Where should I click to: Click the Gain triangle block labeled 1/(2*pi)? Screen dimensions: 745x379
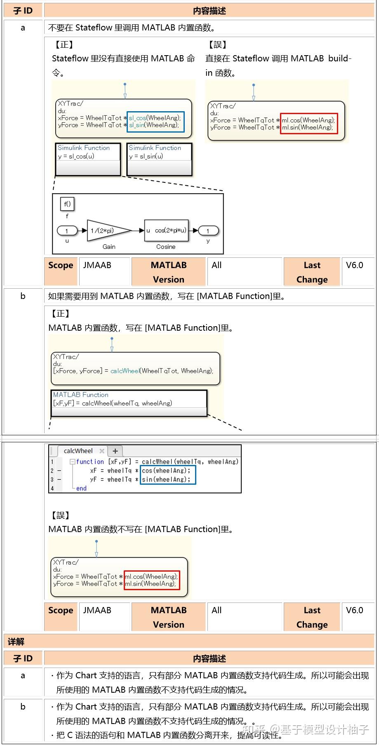point(106,231)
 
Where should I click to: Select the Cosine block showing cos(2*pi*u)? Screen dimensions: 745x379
point(166,231)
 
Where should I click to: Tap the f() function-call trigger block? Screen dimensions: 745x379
point(67,203)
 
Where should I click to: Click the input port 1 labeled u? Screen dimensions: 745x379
point(67,231)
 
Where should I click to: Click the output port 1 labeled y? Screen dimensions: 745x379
point(208,231)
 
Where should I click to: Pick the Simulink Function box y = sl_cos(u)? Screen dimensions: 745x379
point(88,159)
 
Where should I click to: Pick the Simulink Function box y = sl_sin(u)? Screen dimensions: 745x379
point(159,159)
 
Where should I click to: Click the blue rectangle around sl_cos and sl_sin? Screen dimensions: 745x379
point(155,121)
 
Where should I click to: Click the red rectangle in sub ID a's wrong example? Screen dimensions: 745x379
point(308,124)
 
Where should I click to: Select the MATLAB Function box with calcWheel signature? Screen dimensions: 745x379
point(129,403)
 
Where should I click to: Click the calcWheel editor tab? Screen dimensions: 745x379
point(78,451)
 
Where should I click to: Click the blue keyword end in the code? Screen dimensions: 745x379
point(81,488)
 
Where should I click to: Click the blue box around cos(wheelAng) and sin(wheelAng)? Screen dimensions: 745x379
point(167,475)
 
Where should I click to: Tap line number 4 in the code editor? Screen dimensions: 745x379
point(52,488)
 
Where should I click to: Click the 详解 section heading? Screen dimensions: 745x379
point(16,642)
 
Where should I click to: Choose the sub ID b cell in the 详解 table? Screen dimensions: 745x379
point(23,707)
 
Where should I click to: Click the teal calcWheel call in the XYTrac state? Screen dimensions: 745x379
point(125,371)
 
